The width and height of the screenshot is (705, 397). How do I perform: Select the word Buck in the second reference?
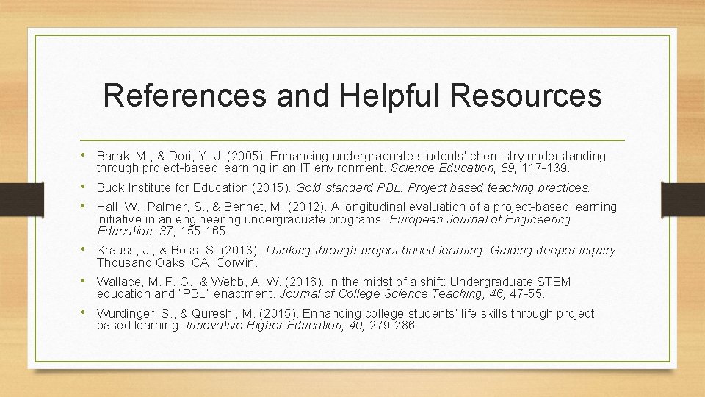click(x=109, y=187)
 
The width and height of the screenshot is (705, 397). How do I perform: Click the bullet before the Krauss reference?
click(x=87, y=250)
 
